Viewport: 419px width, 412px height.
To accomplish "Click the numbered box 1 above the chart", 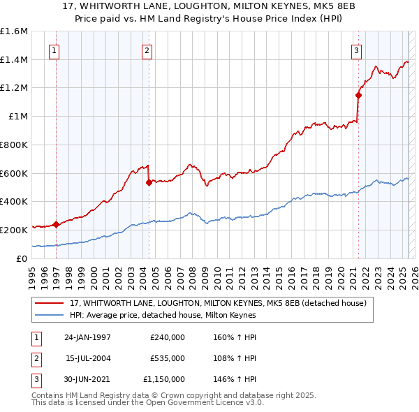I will [x=54, y=50].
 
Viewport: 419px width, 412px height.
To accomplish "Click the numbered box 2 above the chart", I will [x=147, y=50].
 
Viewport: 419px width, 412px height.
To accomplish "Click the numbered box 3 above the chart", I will [x=356, y=50].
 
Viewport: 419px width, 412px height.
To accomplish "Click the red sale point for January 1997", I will [x=56, y=224].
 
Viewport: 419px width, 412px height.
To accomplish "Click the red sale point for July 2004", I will [x=149, y=183].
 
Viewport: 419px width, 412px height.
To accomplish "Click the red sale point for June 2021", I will [x=358, y=96].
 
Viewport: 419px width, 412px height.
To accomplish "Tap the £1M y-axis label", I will [x=18, y=117].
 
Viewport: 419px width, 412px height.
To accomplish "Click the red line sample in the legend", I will [x=50, y=303].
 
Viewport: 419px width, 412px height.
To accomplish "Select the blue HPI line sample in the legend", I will [x=50, y=315].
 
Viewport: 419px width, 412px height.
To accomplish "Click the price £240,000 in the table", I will [x=168, y=337].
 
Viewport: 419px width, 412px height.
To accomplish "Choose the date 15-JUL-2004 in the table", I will [x=89, y=358].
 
